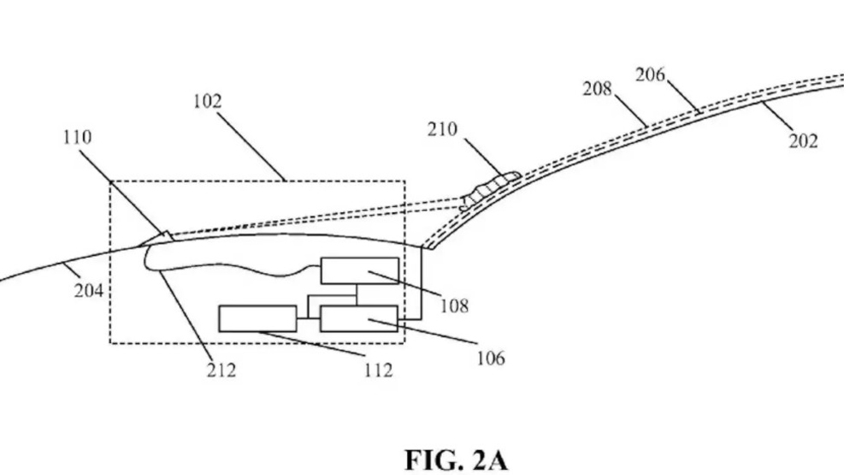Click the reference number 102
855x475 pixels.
click(207, 102)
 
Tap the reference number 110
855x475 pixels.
click(78, 137)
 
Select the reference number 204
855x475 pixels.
click(88, 290)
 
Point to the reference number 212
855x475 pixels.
click(221, 371)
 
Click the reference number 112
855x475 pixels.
click(379, 371)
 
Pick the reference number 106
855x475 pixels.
click(491, 358)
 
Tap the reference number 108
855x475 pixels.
click(454, 306)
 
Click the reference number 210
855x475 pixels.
click(442, 129)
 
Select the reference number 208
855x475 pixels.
click(597, 89)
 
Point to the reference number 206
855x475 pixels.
click(650, 74)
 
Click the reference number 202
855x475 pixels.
click(803, 141)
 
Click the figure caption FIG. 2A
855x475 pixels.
click(456, 460)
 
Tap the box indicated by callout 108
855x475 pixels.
click(359, 270)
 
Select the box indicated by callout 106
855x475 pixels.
click(359, 319)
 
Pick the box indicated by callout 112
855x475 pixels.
click(258, 319)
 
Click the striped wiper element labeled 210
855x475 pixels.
click(489, 191)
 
